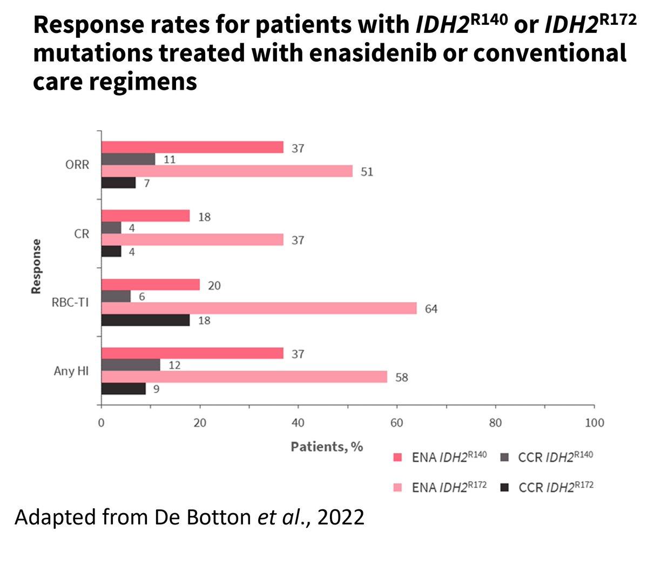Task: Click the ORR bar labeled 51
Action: click(227, 171)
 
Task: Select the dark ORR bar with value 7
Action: click(118, 183)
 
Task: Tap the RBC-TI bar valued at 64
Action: click(259, 308)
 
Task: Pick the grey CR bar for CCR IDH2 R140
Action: click(111, 228)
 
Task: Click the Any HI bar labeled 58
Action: click(244, 377)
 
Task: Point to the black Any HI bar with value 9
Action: click(124, 389)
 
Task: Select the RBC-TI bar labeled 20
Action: click(151, 285)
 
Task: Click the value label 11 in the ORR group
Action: click(170, 159)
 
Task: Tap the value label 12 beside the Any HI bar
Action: click(174, 365)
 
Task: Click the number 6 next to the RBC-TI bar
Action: click(141, 297)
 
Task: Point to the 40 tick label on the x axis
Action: click(298, 423)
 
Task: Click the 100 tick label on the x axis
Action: click(594, 423)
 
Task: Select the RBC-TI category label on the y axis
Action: click(70, 302)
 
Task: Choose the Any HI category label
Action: click(71, 371)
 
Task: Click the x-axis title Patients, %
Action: click(327, 447)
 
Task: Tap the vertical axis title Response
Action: click(36, 266)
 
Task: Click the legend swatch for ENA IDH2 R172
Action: click(397, 487)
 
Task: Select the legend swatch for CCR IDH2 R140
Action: click(504, 457)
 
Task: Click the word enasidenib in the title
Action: click(373, 53)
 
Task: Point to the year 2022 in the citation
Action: click(341, 517)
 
